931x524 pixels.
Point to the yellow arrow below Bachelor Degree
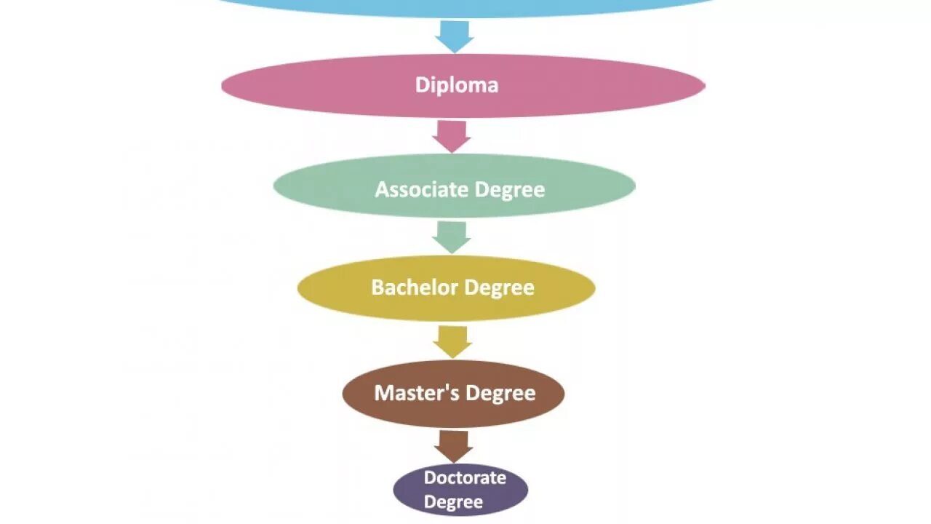(x=452, y=341)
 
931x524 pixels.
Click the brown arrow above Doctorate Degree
(x=453, y=445)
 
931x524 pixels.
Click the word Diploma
(x=457, y=85)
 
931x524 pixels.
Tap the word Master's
(x=417, y=393)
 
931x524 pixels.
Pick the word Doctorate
(x=465, y=478)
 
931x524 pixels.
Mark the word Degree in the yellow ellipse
(x=500, y=288)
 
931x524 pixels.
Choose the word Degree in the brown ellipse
(x=500, y=394)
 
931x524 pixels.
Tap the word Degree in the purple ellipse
(x=453, y=502)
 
